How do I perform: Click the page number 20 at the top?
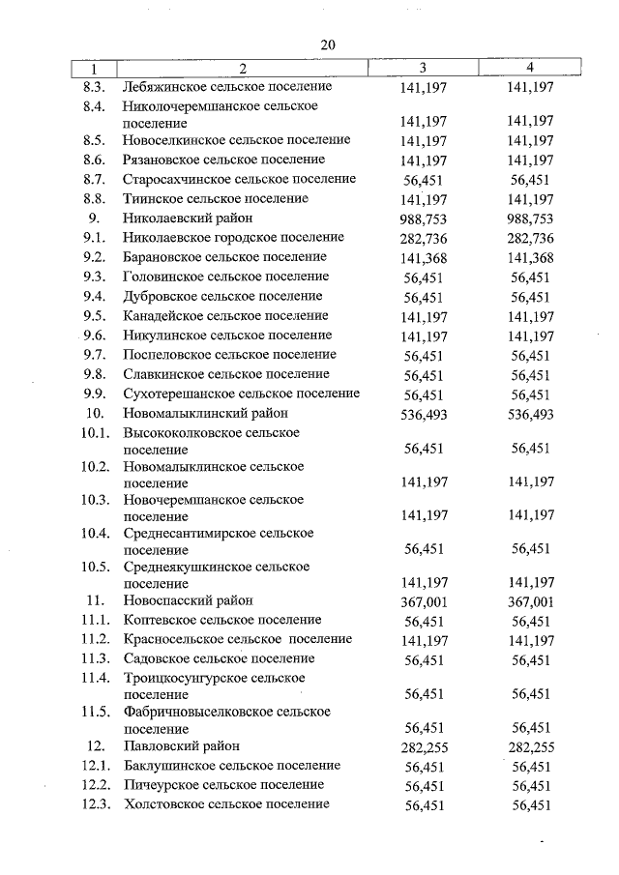click(327, 44)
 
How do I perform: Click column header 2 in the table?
click(243, 68)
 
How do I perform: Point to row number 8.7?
click(94, 179)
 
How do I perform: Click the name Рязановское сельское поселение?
click(223, 160)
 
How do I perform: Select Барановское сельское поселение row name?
click(224, 257)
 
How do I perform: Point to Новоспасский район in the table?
click(188, 600)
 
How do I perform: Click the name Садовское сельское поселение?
click(219, 659)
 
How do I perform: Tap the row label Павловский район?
click(181, 746)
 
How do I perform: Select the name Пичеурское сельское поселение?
click(223, 785)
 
